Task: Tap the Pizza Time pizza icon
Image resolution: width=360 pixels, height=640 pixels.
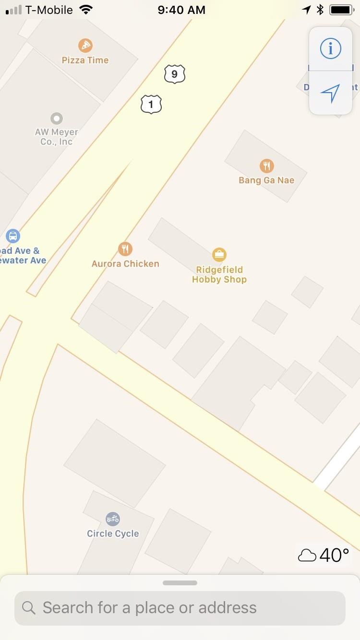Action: click(x=85, y=46)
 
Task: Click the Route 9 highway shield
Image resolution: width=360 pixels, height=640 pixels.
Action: click(x=174, y=74)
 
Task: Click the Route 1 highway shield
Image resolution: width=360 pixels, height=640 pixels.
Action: click(x=151, y=104)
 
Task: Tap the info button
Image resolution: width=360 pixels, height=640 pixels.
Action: click(x=331, y=48)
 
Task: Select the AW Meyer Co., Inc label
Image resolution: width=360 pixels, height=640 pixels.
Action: click(x=57, y=137)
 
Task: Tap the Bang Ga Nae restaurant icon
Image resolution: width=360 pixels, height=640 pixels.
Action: click(x=267, y=166)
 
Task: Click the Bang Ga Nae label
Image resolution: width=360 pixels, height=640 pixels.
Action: click(x=266, y=180)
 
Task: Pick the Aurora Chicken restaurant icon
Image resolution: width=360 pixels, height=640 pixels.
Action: click(x=125, y=249)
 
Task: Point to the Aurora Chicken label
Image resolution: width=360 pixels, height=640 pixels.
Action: click(x=125, y=263)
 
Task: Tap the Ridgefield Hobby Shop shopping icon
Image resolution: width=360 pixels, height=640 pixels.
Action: click(x=219, y=255)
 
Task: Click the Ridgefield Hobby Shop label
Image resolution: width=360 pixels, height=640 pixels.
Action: click(x=219, y=274)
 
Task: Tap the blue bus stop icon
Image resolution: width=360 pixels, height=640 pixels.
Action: click(x=13, y=236)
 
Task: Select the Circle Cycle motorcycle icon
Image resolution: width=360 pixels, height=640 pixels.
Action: click(x=113, y=519)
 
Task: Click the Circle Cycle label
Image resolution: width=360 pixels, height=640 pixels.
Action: click(x=113, y=533)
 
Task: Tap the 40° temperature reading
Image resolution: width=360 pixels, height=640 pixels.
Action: click(x=334, y=555)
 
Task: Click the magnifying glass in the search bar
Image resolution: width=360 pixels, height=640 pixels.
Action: click(x=29, y=608)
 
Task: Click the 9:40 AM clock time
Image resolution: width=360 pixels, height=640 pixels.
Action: click(x=181, y=10)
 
